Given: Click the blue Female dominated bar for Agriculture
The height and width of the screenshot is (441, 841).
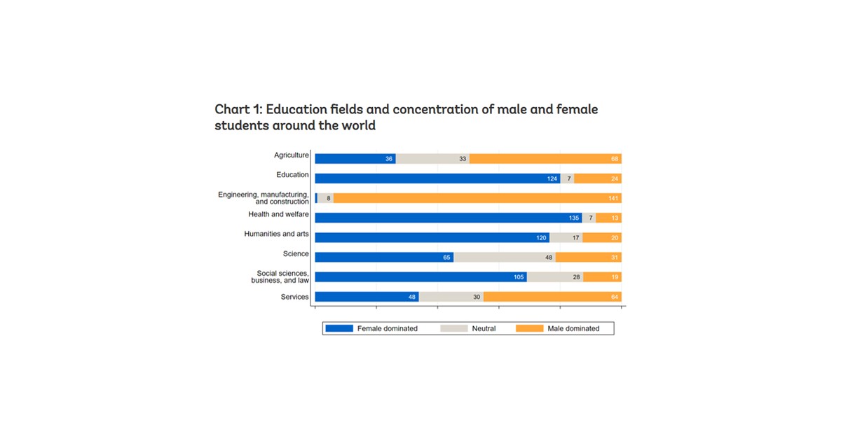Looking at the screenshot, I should (x=355, y=159).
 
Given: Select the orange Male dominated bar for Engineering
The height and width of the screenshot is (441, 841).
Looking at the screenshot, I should (x=477, y=198).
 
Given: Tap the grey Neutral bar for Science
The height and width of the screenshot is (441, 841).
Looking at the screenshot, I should (x=504, y=258).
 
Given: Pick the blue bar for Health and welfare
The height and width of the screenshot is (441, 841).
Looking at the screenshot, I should (x=448, y=218).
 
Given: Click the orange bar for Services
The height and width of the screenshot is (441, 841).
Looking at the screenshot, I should (x=552, y=297).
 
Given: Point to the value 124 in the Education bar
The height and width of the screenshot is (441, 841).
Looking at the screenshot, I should (x=552, y=178).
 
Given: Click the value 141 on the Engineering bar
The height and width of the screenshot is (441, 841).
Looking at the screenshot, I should (x=614, y=198).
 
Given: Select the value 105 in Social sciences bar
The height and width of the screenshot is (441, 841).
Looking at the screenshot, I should (x=519, y=277).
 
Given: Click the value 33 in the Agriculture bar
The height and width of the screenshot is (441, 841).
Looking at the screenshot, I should (x=463, y=159).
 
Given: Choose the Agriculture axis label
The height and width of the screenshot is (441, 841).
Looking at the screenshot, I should (x=291, y=155).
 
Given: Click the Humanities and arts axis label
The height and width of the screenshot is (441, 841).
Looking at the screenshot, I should (x=276, y=234).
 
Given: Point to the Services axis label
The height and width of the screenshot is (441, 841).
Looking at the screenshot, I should (x=294, y=297).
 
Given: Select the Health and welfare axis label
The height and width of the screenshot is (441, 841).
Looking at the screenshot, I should (x=278, y=214).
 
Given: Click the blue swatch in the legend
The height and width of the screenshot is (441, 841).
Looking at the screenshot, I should (x=339, y=328).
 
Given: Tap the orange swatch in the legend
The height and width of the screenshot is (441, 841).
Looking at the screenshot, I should (x=529, y=328).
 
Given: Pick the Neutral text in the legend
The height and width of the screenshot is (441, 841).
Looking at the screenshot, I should (x=484, y=328).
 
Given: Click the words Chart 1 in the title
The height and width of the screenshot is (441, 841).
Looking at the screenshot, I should (x=237, y=110).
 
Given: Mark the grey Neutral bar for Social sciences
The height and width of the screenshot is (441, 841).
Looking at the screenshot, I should (x=554, y=277).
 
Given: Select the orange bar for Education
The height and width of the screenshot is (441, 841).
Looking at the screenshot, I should (x=597, y=178).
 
